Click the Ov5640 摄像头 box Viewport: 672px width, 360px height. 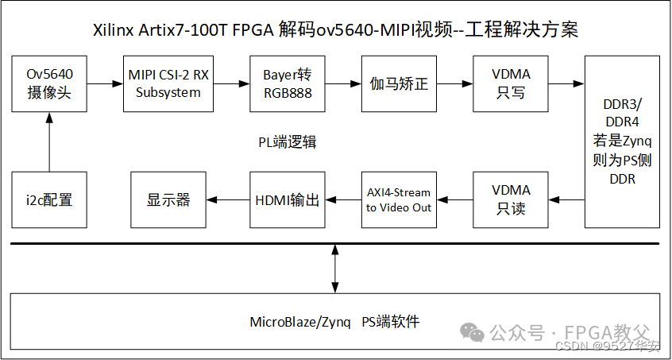49,83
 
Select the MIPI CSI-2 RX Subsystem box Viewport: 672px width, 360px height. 168,83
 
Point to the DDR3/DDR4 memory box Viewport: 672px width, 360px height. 622,141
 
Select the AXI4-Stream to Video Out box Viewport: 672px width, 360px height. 398,199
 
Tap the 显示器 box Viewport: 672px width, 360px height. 168,199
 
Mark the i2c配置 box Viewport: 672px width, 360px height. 49,199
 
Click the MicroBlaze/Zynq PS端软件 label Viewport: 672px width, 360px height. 334,322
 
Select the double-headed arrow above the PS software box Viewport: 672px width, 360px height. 334,269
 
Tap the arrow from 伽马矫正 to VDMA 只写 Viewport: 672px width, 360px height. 453,83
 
